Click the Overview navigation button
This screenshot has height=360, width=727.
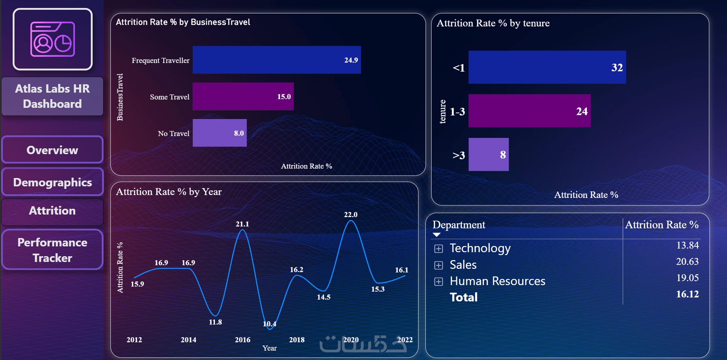[52, 150]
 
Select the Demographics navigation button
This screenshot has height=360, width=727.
[52, 182]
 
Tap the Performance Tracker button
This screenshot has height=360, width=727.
[52, 250]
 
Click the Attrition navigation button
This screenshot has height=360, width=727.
[52, 211]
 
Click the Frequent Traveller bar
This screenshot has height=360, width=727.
[277, 60]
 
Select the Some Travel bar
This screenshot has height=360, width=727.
[243, 97]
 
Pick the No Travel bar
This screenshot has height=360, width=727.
[219, 133]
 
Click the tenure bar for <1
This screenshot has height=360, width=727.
[547, 67]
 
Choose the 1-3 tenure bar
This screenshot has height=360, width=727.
[529, 111]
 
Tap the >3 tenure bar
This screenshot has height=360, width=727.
[488, 154]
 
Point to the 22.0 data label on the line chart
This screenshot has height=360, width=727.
[350, 215]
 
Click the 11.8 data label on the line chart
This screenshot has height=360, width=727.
[215, 322]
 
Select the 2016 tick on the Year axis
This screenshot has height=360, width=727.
[243, 340]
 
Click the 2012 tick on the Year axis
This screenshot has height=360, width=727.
[134, 340]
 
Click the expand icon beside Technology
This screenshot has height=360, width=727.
[438, 249]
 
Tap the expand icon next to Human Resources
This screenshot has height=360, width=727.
[438, 281]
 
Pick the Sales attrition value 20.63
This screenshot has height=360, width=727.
[687, 262]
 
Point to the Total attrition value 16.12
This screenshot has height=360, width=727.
[687, 294]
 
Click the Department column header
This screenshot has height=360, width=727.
[459, 225]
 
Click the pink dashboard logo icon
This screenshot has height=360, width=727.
[52, 39]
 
